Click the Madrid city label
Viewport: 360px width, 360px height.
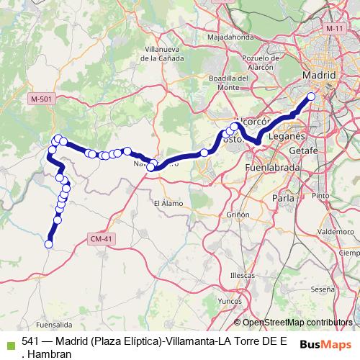320,75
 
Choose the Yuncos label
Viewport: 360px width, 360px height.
229,302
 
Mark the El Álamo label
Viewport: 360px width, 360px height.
168,204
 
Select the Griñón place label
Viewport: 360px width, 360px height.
238,215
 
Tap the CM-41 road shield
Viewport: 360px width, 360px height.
102,238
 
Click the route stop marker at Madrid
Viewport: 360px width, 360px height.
312,96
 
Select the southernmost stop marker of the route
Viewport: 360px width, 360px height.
49,244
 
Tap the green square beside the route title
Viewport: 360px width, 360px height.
10,346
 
